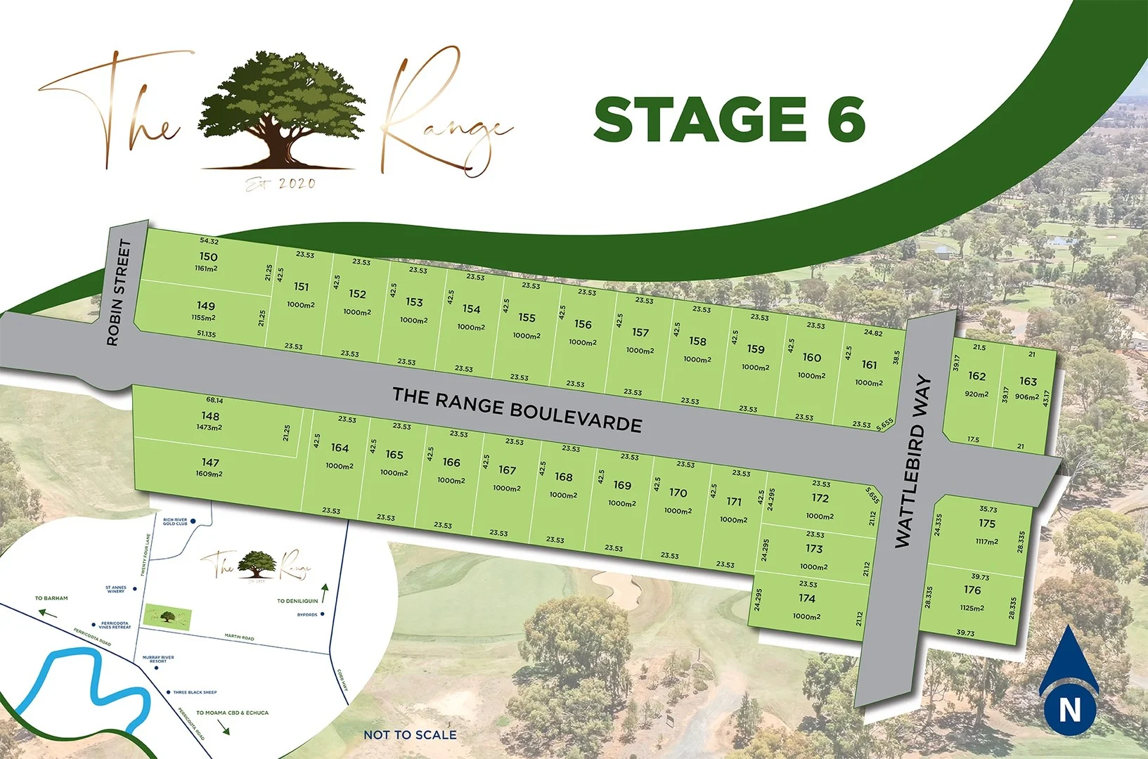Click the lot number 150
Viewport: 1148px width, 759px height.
coord(208,257)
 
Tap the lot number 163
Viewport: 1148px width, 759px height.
coord(1028,381)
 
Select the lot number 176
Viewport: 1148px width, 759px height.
coord(972,590)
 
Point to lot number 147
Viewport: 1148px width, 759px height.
coord(210,462)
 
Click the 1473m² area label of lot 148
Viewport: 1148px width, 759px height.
coord(209,427)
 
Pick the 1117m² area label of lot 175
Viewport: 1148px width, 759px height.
coord(986,541)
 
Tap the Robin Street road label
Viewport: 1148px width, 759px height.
coord(119,292)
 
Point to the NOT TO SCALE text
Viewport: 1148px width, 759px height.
coord(410,735)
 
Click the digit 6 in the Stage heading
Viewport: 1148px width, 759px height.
coord(845,119)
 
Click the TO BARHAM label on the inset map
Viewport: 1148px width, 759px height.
coord(51,598)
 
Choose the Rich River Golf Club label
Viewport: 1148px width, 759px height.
coord(175,521)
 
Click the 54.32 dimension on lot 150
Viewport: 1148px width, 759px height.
coord(209,242)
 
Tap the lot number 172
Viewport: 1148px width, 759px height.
coord(820,498)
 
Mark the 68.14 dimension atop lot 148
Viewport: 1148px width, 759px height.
coord(214,401)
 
